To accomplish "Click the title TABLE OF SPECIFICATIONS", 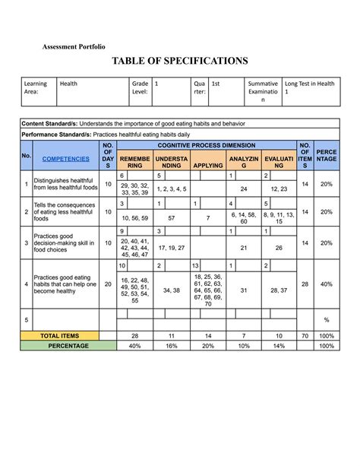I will point(180,60).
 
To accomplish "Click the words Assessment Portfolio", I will point(74,46).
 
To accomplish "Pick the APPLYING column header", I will point(207,164).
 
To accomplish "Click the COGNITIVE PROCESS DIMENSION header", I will point(207,144).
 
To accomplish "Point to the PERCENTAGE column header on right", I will point(327,156).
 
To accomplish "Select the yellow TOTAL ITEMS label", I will point(59,335).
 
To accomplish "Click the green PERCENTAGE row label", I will point(59,345).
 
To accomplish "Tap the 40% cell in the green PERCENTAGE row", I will point(134,345).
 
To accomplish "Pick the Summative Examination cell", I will point(264,92).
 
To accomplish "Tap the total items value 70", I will point(305,335).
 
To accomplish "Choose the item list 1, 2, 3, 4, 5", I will point(172,189).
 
